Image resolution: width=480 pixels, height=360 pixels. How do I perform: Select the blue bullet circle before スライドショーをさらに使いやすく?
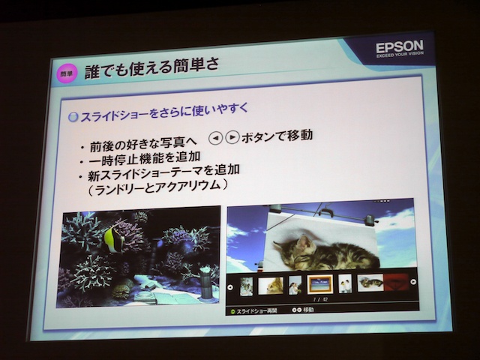[x=73, y=117]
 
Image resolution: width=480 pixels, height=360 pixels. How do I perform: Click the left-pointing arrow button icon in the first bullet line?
[x=215, y=138]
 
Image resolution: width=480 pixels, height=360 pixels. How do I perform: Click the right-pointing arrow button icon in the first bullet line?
[x=232, y=138]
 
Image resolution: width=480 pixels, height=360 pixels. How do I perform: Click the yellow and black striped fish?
[x=114, y=239]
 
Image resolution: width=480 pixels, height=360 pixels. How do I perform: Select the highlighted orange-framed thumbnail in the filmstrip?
[x=319, y=284]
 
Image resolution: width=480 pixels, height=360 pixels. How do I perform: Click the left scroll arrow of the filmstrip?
[x=231, y=286]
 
